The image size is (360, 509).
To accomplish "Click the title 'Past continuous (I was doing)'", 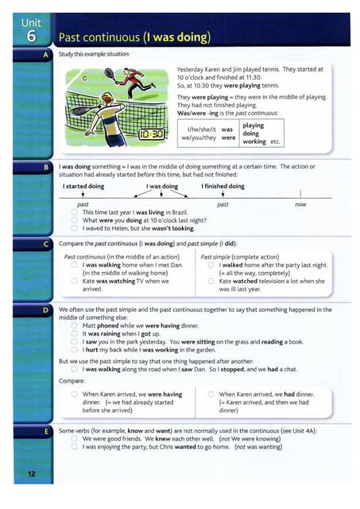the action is tap(134, 37).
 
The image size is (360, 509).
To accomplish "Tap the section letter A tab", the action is tap(46, 54).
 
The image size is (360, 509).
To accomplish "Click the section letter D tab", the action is tap(46, 308).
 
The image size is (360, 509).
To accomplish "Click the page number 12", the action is tap(30, 474).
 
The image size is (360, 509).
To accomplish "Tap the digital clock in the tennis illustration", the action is tap(152, 134).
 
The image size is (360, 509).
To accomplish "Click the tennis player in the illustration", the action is tap(139, 81).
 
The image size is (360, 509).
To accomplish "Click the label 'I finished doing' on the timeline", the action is tap(223, 186).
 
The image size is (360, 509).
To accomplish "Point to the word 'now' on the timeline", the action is tap(300, 204).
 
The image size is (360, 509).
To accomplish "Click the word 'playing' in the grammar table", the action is tap(254, 125).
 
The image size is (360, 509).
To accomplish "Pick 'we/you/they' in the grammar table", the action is tap(199, 137).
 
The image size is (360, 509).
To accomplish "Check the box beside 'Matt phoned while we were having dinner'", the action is tap(74, 324).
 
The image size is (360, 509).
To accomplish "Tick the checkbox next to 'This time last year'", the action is tap(74, 212).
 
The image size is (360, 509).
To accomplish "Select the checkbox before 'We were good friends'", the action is tap(74, 438).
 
